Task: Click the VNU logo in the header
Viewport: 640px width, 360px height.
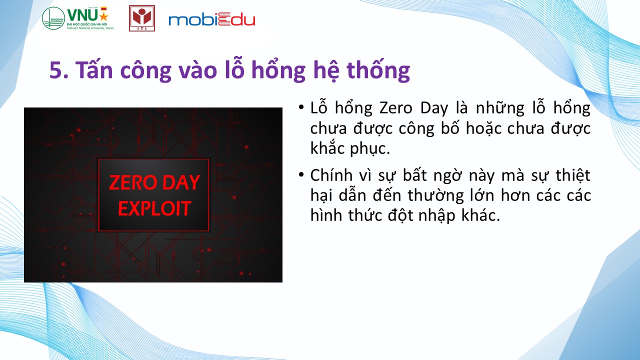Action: (78, 18)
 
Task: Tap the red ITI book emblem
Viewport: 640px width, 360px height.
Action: (142, 18)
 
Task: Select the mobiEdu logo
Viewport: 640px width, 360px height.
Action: (211, 19)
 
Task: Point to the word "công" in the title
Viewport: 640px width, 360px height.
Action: (145, 70)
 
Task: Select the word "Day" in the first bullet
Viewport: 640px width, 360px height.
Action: (434, 109)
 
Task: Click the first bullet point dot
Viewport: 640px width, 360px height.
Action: (301, 107)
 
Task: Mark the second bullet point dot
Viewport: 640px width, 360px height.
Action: (301, 174)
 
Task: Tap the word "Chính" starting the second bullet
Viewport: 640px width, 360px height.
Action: (331, 175)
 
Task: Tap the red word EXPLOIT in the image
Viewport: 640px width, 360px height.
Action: (154, 208)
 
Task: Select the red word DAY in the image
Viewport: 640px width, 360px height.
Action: (181, 182)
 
